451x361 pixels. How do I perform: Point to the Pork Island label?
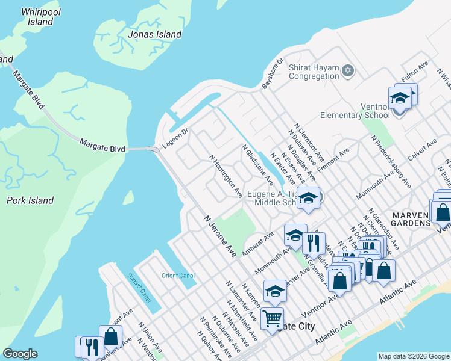30,200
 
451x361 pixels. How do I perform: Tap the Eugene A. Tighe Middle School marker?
307,198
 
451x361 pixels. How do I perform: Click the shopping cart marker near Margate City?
273,316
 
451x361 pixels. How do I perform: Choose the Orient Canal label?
178,276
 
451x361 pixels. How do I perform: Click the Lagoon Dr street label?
175,138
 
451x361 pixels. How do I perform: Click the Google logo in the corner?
20,354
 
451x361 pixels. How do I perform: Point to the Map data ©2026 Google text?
413,356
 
